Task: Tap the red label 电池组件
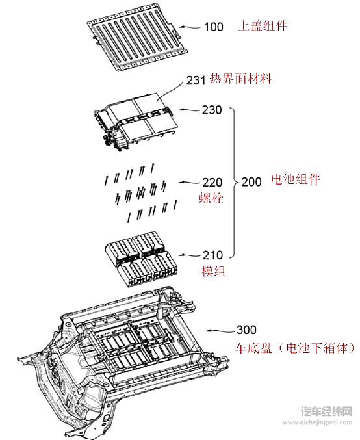[x=295, y=180]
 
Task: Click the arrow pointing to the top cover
[x=190, y=27]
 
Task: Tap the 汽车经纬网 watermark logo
[x=327, y=412]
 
